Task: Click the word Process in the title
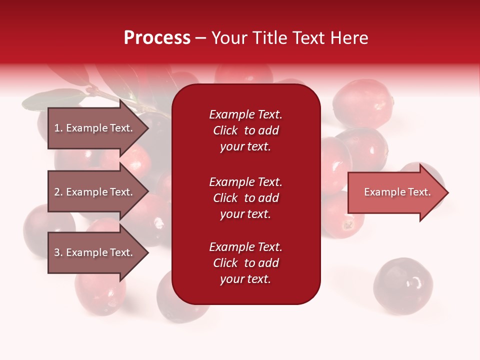pyautogui.click(x=157, y=38)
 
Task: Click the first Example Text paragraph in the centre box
pyautogui.click(x=245, y=130)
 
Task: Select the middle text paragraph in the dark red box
pyautogui.click(x=245, y=198)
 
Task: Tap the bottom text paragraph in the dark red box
pyautogui.click(x=245, y=263)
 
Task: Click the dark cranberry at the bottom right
pyautogui.click(x=402, y=286)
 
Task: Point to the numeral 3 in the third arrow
pyautogui.click(x=57, y=252)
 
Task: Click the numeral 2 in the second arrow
pyautogui.click(x=57, y=192)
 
